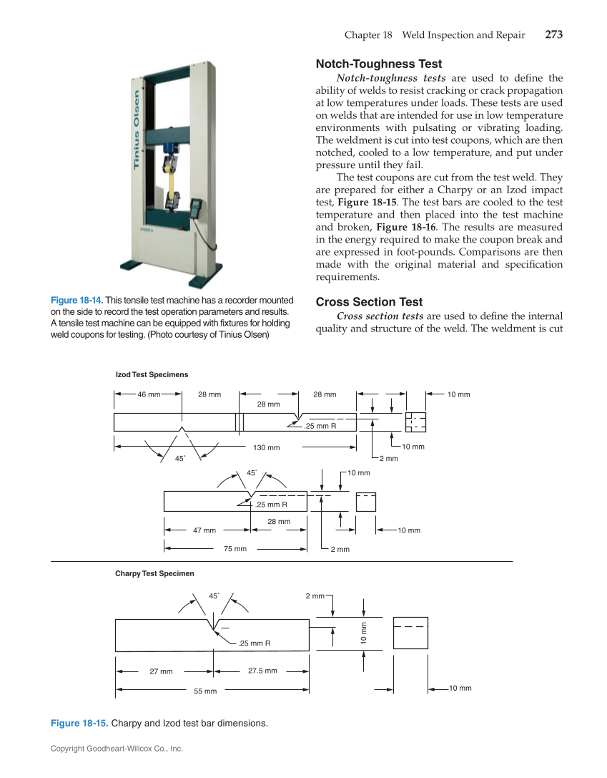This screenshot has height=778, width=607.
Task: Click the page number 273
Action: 553,35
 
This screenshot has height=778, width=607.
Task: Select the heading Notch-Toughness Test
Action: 379,64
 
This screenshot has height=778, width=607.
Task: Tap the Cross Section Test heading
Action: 369,302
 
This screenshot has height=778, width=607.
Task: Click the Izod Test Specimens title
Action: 152,374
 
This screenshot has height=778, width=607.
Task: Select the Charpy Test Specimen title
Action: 154,573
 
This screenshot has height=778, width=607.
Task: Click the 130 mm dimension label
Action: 267,447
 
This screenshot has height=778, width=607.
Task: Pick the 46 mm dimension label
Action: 149,394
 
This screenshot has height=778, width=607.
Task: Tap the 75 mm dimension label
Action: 235,549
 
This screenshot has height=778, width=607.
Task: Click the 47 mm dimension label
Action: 204,530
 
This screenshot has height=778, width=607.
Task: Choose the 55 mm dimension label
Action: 205,691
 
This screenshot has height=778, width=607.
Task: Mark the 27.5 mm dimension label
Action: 262,671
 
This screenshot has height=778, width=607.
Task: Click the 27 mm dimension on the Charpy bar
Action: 161,671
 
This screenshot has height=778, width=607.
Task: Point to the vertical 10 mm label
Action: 363,633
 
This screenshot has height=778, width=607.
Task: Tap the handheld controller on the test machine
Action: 192,207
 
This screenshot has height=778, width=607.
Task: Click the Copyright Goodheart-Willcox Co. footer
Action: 117,749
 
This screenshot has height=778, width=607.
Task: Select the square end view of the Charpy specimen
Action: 410,633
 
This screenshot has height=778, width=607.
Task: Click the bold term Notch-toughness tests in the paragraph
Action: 391,78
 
